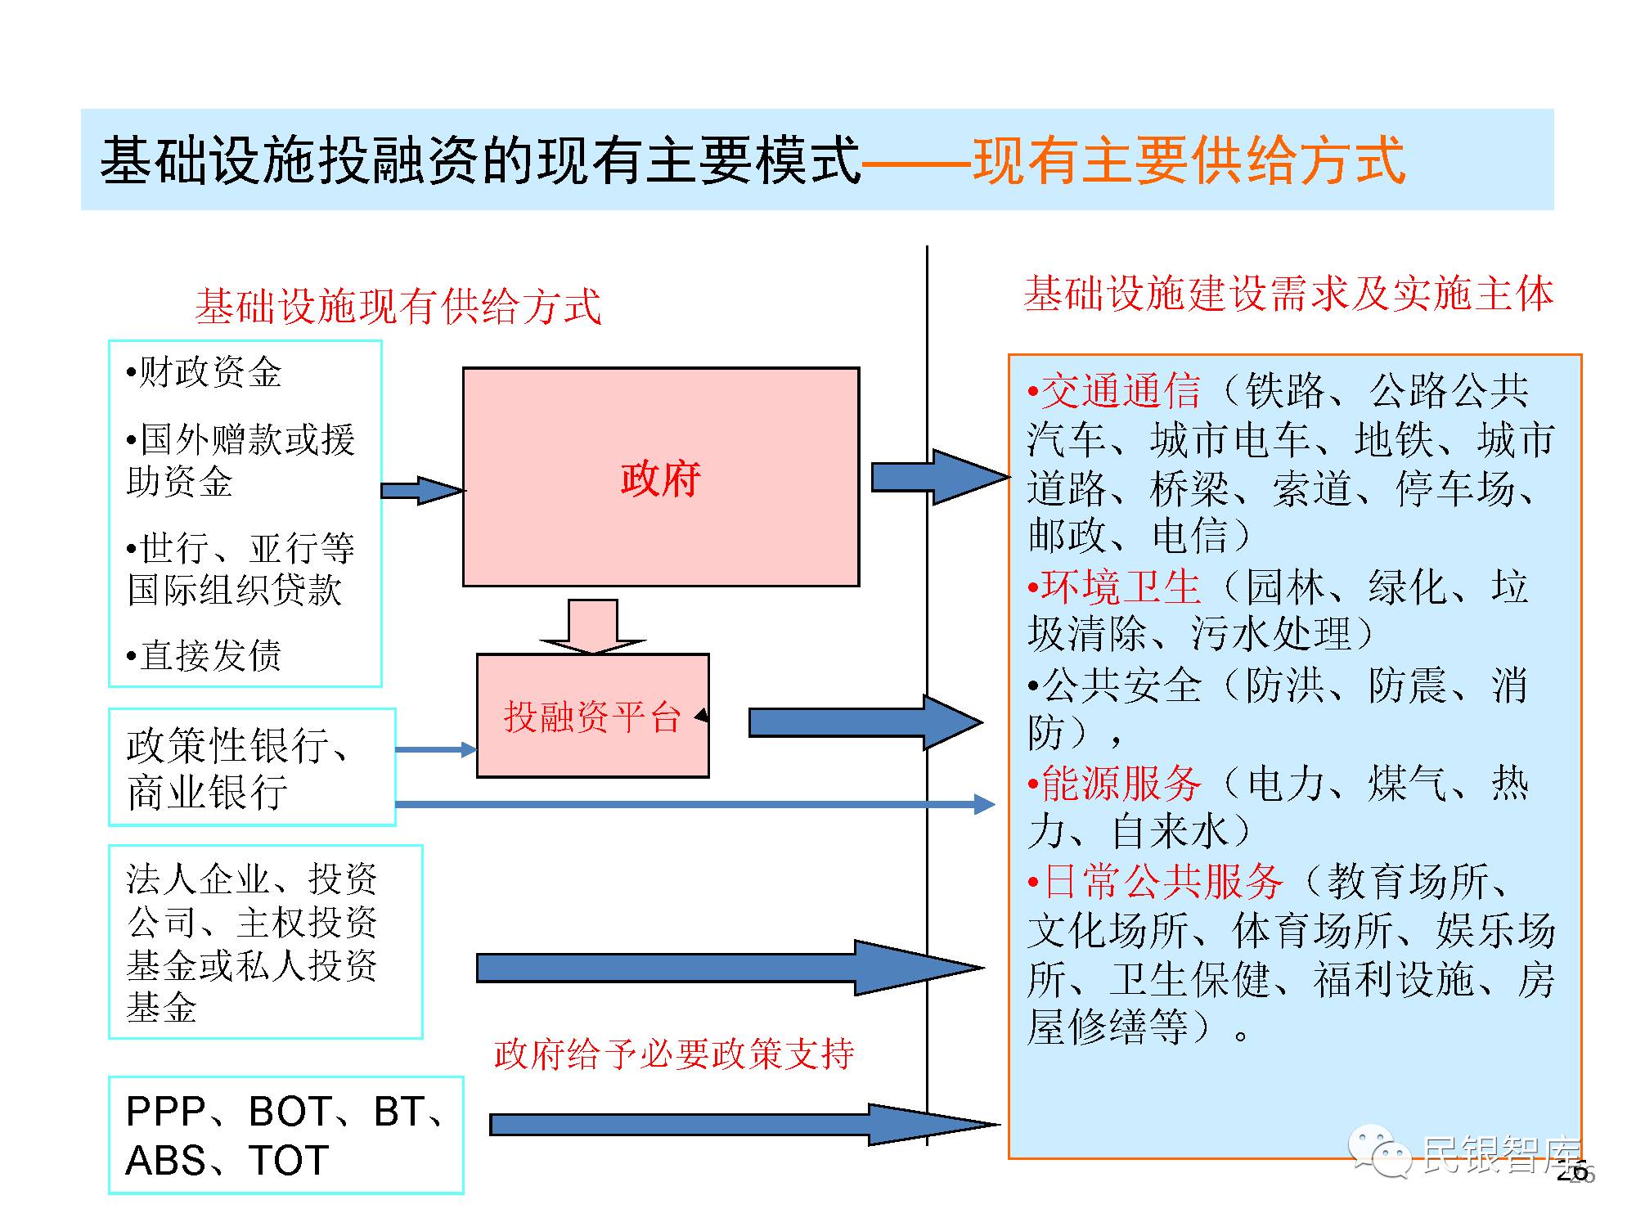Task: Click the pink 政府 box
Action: click(x=661, y=477)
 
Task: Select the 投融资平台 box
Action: click(x=592, y=716)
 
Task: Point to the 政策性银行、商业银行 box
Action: click(x=252, y=766)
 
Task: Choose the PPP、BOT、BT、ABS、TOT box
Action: click(x=285, y=1135)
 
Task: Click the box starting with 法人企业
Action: click(x=265, y=942)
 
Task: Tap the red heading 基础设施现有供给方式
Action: click(x=398, y=307)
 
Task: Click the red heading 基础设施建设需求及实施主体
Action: click(x=1288, y=294)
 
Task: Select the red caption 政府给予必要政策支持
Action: click(x=674, y=1054)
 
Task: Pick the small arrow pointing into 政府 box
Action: click(x=420, y=490)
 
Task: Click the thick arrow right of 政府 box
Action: click(x=939, y=477)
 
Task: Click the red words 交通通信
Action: click(x=1121, y=391)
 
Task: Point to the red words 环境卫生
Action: click(x=1121, y=587)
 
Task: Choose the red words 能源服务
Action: click(x=1121, y=783)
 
